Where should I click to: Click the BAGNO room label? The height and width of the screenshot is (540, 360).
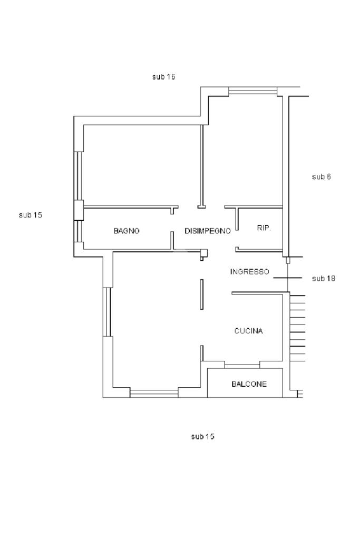click(x=127, y=231)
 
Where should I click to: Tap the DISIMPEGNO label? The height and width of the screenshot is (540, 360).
click(x=207, y=231)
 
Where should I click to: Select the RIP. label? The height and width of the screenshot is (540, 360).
click(x=264, y=228)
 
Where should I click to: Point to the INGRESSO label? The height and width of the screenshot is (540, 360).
click(x=249, y=272)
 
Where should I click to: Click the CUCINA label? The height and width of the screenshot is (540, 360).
click(x=248, y=331)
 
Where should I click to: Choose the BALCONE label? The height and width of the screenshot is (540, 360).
click(x=249, y=384)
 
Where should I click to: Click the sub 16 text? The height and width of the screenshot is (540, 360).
click(x=163, y=76)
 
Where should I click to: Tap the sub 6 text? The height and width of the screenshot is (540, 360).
click(x=321, y=176)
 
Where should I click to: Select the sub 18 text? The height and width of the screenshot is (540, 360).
click(x=324, y=278)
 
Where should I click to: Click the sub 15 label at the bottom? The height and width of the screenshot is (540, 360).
click(x=202, y=436)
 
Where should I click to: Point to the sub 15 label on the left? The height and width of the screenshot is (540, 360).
click(x=31, y=215)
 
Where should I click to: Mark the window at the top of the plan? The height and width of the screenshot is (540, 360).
click(x=252, y=91)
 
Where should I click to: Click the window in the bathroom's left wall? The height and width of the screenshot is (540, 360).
click(x=79, y=231)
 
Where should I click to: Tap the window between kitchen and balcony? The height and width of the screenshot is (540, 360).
click(x=242, y=365)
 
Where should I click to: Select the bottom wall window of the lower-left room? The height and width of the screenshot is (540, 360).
click(x=154, y=392)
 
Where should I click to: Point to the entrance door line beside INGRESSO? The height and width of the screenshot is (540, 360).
click(x=287, y=278)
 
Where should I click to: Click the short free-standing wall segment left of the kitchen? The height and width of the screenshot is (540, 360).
click(x=202, y=294)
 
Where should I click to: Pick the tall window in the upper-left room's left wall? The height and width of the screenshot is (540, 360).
click(x=79, y=175)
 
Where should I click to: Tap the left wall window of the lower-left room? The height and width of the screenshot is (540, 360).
click(x=108, y=312)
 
